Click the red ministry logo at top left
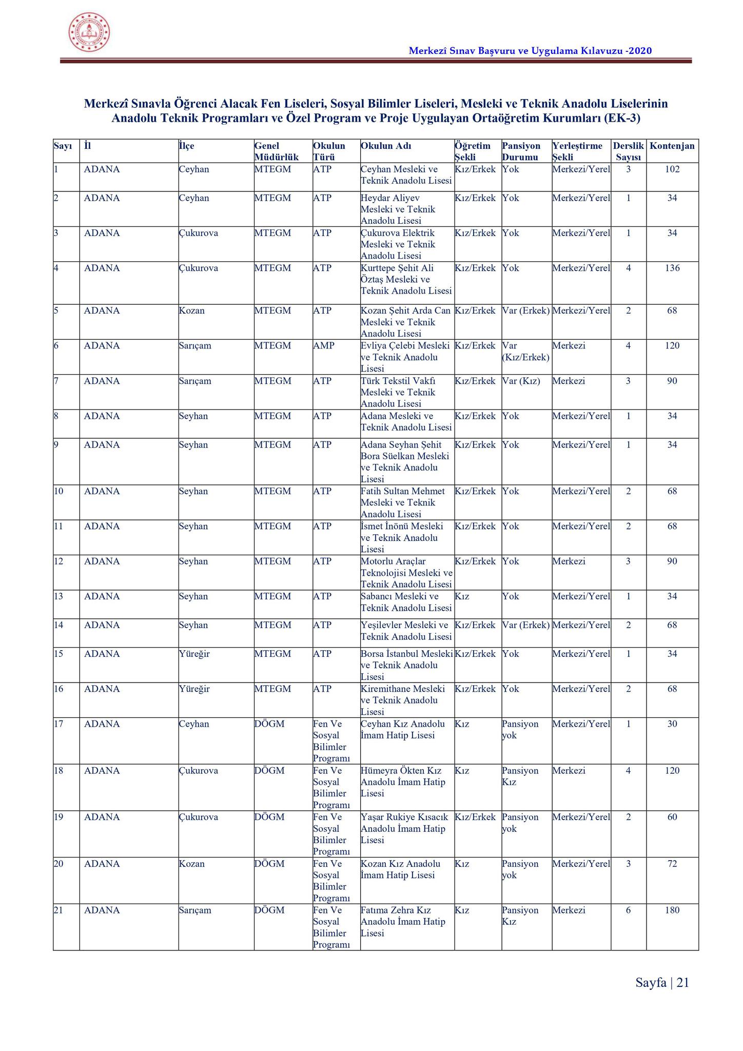pyautogui.click(x=89, y=32)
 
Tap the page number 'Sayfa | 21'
pyautogui.click(x=662, y=983)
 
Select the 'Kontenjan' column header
pyautogui.click(x=672, y=146)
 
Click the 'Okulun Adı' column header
pyautogui.click(x=386, y=146)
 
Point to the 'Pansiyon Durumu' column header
pyautogui.click(x=521, y=151)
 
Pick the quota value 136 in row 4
pyautogui.click(x=672, y=268)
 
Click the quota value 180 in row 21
pyautogui.click(x=672, y=910)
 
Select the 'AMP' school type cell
pyautogui.click(x=323, y=346)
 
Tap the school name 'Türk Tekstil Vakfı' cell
pyautogui.click(x=398, y=392)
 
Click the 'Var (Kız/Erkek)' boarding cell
pyautogui.click(x=525, y=352)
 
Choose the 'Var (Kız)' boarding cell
pyautogui.click(x=521, y=381)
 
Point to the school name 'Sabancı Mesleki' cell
pyautogui.click(x=406, y=602)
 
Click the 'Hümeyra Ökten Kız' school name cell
pyautogui.click(x=403, y=782)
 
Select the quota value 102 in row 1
pyautogui.click(x=672, y=169)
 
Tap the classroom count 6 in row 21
pyautogui.click(x=628, y=910)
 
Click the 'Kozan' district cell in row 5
pyautogui.click(x=191, y=311)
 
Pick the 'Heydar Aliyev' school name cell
pyautogui.click(x=398, y=209)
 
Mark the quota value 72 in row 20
pyautogui.click(x=672, y=864)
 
